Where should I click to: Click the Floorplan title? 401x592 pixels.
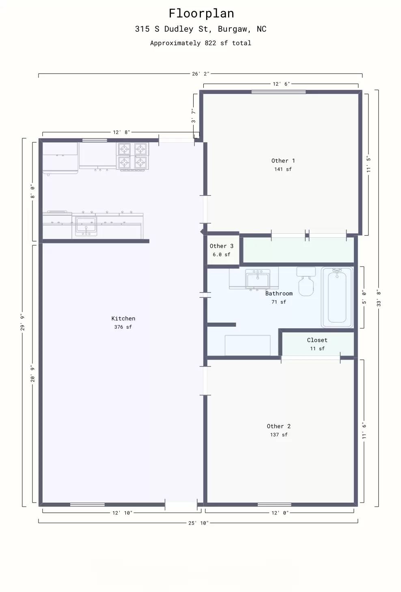(x=201, y=13)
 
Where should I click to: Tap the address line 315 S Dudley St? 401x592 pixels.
(x=200, y=29)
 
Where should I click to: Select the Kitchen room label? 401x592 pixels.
(x=123, y=319)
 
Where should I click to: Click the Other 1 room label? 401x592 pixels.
(x=283, y=161)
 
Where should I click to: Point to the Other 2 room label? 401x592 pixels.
(x=278, y=426)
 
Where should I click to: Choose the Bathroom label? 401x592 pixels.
(x=279, y=293)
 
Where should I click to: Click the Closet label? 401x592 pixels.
(x=317, y=340)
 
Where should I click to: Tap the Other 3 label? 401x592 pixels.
(x=221, y=246)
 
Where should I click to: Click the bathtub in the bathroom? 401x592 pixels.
(x=337, y=297)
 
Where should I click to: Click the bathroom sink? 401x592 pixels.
(x=257, y=280)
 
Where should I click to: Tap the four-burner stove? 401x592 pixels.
(x=133, y=156)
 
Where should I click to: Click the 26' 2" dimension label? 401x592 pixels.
(x=200, y=74)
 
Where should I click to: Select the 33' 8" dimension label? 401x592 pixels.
(x=379, y=298)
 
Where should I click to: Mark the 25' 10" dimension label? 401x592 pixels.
(x=198, y=523)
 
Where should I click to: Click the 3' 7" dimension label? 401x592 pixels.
(x=194, y=116)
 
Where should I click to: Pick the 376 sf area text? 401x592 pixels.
(x=123, y=327)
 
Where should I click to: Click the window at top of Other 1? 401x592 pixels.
(x=278, y=92)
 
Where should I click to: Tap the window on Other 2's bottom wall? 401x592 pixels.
(x=274, y=505)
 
